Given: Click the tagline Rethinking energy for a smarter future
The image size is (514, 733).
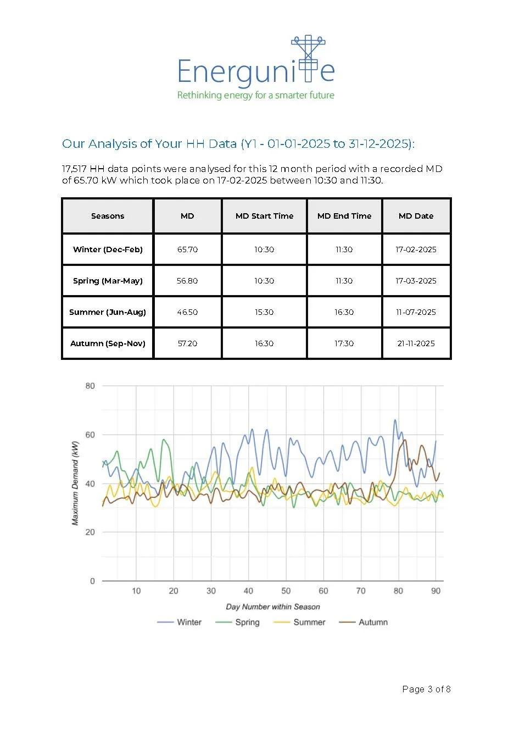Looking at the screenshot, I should pyautogui.click(x=255, y=95).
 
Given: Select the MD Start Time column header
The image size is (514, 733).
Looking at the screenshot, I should pyautogui.click(x=264, y=216).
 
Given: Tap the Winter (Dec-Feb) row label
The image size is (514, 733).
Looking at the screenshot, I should pyautogui.click(x=108, y=249).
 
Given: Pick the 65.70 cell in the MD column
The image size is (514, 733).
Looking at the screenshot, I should pyautogui.click(x=187, y=249).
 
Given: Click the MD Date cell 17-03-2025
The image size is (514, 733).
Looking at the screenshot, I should pyautogui.click(x=416, y=281).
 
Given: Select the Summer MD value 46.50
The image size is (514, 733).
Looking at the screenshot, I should pyautogui.click(x=187, y=312).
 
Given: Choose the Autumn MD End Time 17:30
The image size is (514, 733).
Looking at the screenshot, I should pyautogui.click(x=344, y=343).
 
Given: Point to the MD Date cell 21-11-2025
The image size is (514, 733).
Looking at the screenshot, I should pyautogui.click(x=416, y=343).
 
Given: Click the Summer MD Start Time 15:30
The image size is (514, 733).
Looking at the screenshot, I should pyautogui.click(x=264, y=312).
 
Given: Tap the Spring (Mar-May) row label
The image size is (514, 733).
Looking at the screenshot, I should pyautogui.click(x=108, y=281).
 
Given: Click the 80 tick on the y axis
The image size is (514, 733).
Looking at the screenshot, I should pyautogui.click(x=90, y=386).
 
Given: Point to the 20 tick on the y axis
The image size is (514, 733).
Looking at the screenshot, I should pyautogui.click(x=90, y=532).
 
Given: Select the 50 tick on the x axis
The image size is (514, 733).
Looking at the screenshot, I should pyautogui.click(x=286, y=591).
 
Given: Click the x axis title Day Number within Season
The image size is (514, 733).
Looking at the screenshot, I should pyautogui.click(x=273, y=607).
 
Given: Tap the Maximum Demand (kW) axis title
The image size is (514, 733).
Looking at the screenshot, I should pyautogui.click(x=75, y=483).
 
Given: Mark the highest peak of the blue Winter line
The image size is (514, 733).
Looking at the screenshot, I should pyautogui.click(x=395, y=420).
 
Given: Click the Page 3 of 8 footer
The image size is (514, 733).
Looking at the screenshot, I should pyautogui.click(x=426, y=689).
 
